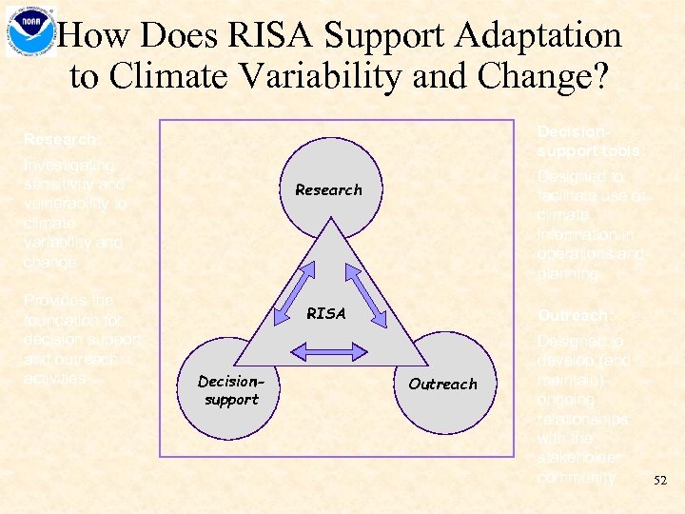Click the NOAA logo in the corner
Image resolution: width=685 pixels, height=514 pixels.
(x=29, y=30)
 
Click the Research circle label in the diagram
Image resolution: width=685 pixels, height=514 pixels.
(x=328, y=189)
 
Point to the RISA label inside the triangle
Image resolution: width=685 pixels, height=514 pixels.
(x=326, y=313)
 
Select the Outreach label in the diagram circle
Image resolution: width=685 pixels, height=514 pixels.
(x=442, y=384)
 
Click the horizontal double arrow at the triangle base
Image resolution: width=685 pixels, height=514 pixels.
(x=327, y=353)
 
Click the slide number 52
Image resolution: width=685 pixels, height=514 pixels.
(x=660, y=483)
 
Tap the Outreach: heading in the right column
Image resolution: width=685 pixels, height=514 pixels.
(x=574, y=315)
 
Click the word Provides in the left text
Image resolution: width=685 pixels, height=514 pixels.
(x=56, y=300)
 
